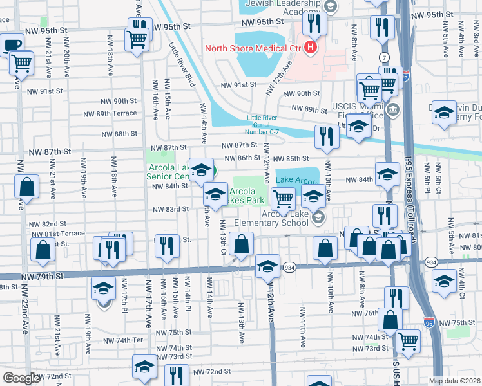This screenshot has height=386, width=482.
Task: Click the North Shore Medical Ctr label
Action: (253, 48)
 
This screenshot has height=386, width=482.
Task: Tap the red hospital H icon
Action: (311, 48)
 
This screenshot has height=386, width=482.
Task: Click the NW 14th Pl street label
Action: (188, 297)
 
